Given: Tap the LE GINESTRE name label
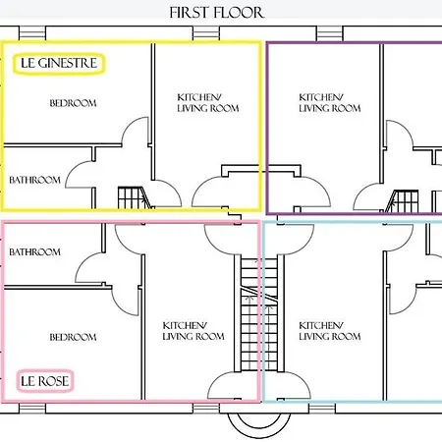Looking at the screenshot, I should pos(59,64).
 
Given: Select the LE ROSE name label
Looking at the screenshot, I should pos(46,380).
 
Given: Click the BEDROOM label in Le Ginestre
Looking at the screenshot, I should pos(73,102).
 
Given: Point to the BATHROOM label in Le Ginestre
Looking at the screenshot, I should pos(35,180).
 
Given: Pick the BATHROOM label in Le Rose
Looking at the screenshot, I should pos(35,252).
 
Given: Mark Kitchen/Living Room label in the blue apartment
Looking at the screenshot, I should pos(329,331).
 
